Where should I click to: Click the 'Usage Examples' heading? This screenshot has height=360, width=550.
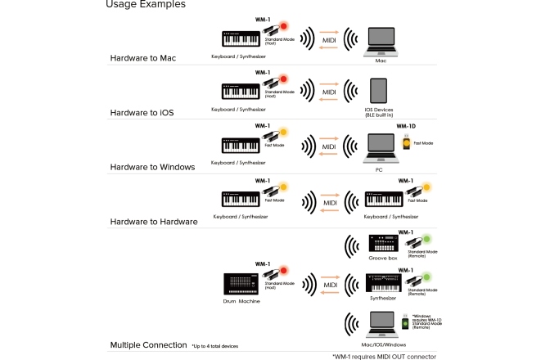[145, 5]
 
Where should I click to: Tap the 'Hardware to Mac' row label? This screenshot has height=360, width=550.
[143, 58]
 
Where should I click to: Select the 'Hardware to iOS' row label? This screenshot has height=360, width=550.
[142, 112]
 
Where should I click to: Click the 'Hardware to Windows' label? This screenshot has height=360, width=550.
[152, 167]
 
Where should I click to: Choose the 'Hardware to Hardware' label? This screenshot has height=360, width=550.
[154, 222]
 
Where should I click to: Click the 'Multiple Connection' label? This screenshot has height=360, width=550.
[148, 345]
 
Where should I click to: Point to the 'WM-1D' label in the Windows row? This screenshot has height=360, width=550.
[407, 127]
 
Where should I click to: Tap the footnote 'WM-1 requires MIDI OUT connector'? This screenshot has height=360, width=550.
[384, 356]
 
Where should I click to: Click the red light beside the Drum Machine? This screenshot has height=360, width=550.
[284, 271]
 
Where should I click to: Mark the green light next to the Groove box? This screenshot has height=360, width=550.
[426, 240]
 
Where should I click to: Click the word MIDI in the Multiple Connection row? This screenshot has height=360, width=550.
[330, 286]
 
